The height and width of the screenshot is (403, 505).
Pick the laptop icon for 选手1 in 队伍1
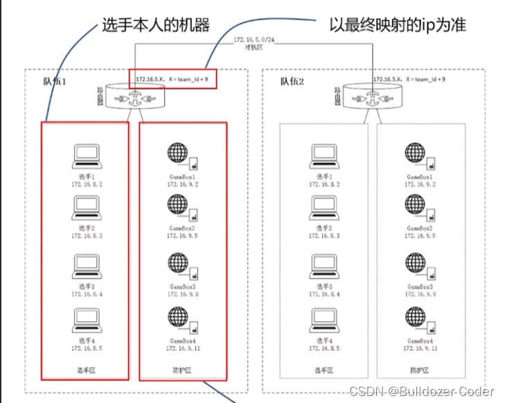point(87,156)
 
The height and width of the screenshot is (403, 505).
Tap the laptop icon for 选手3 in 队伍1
point(87,265)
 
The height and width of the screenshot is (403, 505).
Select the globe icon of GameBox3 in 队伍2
point(416,264)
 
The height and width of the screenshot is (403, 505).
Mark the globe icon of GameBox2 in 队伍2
point(416,205)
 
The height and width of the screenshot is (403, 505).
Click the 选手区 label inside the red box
point(85,370)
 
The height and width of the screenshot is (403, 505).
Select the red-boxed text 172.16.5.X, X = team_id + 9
point(172,80)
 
